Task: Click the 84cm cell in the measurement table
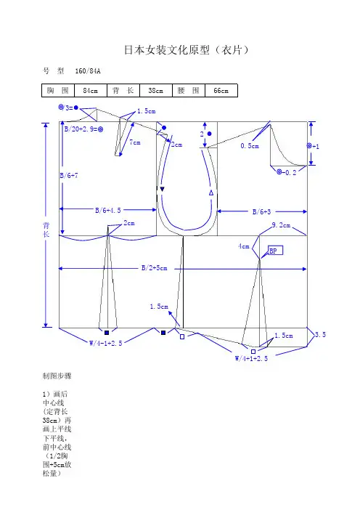[x=91, y=90]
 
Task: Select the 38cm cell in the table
[x=156, y=90]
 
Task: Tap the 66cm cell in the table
[x=221, y=90]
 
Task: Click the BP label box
[x=276, y=251]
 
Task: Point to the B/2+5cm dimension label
[x=155, y=268]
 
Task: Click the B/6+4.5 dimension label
[x=108, y=211]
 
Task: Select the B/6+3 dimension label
[x=261, y=212]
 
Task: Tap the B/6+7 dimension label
[x=69, y=176]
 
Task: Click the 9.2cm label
[x=281, y=225]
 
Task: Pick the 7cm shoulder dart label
[x=135, y=142]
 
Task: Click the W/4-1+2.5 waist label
[x=105, y=343]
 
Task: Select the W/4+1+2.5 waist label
[x=251, y=358]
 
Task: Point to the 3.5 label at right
[x=320, y=335]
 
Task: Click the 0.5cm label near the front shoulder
[x=250, y=146]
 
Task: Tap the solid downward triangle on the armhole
[x=162, y=189]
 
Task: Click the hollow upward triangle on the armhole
[x=211, y=193]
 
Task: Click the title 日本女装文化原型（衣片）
[x=187, y=50]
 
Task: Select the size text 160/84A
[x=88, y=71]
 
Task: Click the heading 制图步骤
[x=57, y=376]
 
